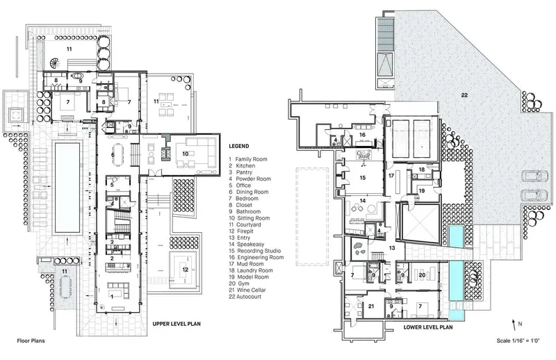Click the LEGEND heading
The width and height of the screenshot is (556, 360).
tap(238, 146)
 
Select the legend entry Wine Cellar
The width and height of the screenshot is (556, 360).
tap(251, 290)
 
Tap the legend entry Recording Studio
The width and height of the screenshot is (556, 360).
tap(259, 251)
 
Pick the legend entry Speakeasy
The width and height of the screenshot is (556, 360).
tap(250, 245)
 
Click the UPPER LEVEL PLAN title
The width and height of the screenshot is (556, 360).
tap(177, 324)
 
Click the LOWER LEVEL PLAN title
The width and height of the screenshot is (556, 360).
tap(428, 327)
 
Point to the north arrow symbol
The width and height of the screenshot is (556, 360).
tap(514, 325)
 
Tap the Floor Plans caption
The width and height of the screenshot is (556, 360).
tap(31, 341)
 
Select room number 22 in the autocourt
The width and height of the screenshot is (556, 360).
tap(464, 95)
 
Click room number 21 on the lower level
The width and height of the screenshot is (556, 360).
tap(371, 306)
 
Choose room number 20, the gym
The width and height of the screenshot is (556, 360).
tap(422, 275)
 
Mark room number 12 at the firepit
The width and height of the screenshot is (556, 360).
tap(185, 270)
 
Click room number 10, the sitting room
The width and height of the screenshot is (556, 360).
tap(185, 154)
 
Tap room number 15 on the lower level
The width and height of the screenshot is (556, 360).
tap(362, 178)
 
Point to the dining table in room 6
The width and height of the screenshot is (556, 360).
tap(117, 154)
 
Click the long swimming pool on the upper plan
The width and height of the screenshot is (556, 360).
tap(67, 188)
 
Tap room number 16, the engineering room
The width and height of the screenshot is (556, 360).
tap(361, 135)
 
